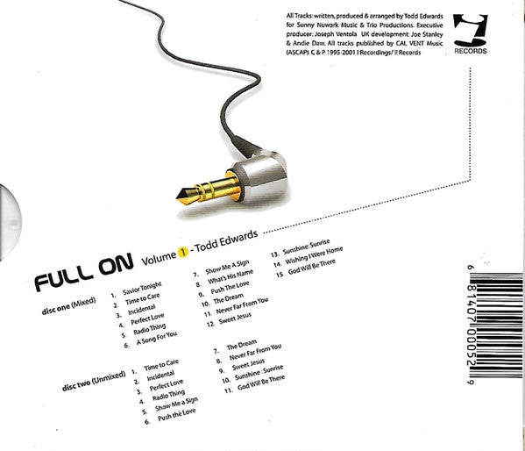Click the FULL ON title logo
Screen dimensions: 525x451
[x=84, y=271]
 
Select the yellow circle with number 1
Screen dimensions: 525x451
[x=183, y=252]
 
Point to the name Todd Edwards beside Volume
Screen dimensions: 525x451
[x=226, y=240]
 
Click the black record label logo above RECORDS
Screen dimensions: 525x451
[x=471, y=30]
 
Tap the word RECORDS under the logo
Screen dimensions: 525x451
[x=471, y=51]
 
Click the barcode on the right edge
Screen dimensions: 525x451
[x=495, y=325]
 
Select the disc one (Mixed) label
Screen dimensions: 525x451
[x=68, y=306]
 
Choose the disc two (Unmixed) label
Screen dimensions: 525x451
[x=94, y=381]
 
